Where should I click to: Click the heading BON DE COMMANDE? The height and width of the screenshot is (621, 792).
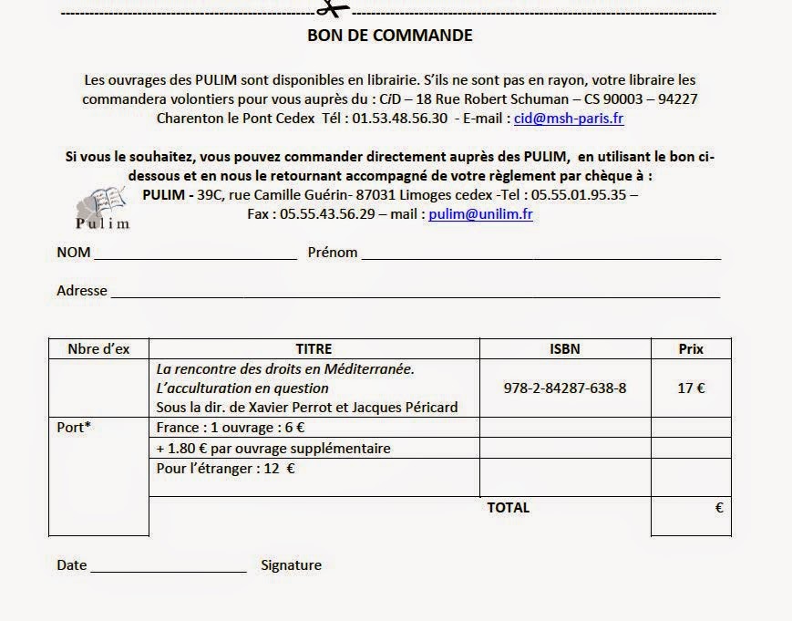(389, 36)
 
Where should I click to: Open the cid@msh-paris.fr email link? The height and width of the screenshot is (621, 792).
(569, 119)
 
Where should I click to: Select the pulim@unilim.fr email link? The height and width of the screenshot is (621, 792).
(480, 214)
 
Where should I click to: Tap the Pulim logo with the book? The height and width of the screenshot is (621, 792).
(102, 208)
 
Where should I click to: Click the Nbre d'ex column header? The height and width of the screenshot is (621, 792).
(98, 348)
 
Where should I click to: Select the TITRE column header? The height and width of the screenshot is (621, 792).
(314, 348)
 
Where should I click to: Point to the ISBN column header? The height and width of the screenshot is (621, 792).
(565, 348)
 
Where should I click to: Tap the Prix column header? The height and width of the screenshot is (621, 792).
(691, 348)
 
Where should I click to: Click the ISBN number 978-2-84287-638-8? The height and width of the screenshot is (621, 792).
(565, 388)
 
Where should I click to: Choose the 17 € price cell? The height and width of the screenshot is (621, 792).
(691, 388)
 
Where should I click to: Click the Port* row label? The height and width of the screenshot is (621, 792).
(74, 426)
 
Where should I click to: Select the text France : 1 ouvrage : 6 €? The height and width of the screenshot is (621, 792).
(231, 427)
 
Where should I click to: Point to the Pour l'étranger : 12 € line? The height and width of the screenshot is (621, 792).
(226, 470)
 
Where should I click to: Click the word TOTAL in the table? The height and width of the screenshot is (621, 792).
(508, 508)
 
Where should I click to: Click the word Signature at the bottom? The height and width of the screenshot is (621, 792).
(291, 565)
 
